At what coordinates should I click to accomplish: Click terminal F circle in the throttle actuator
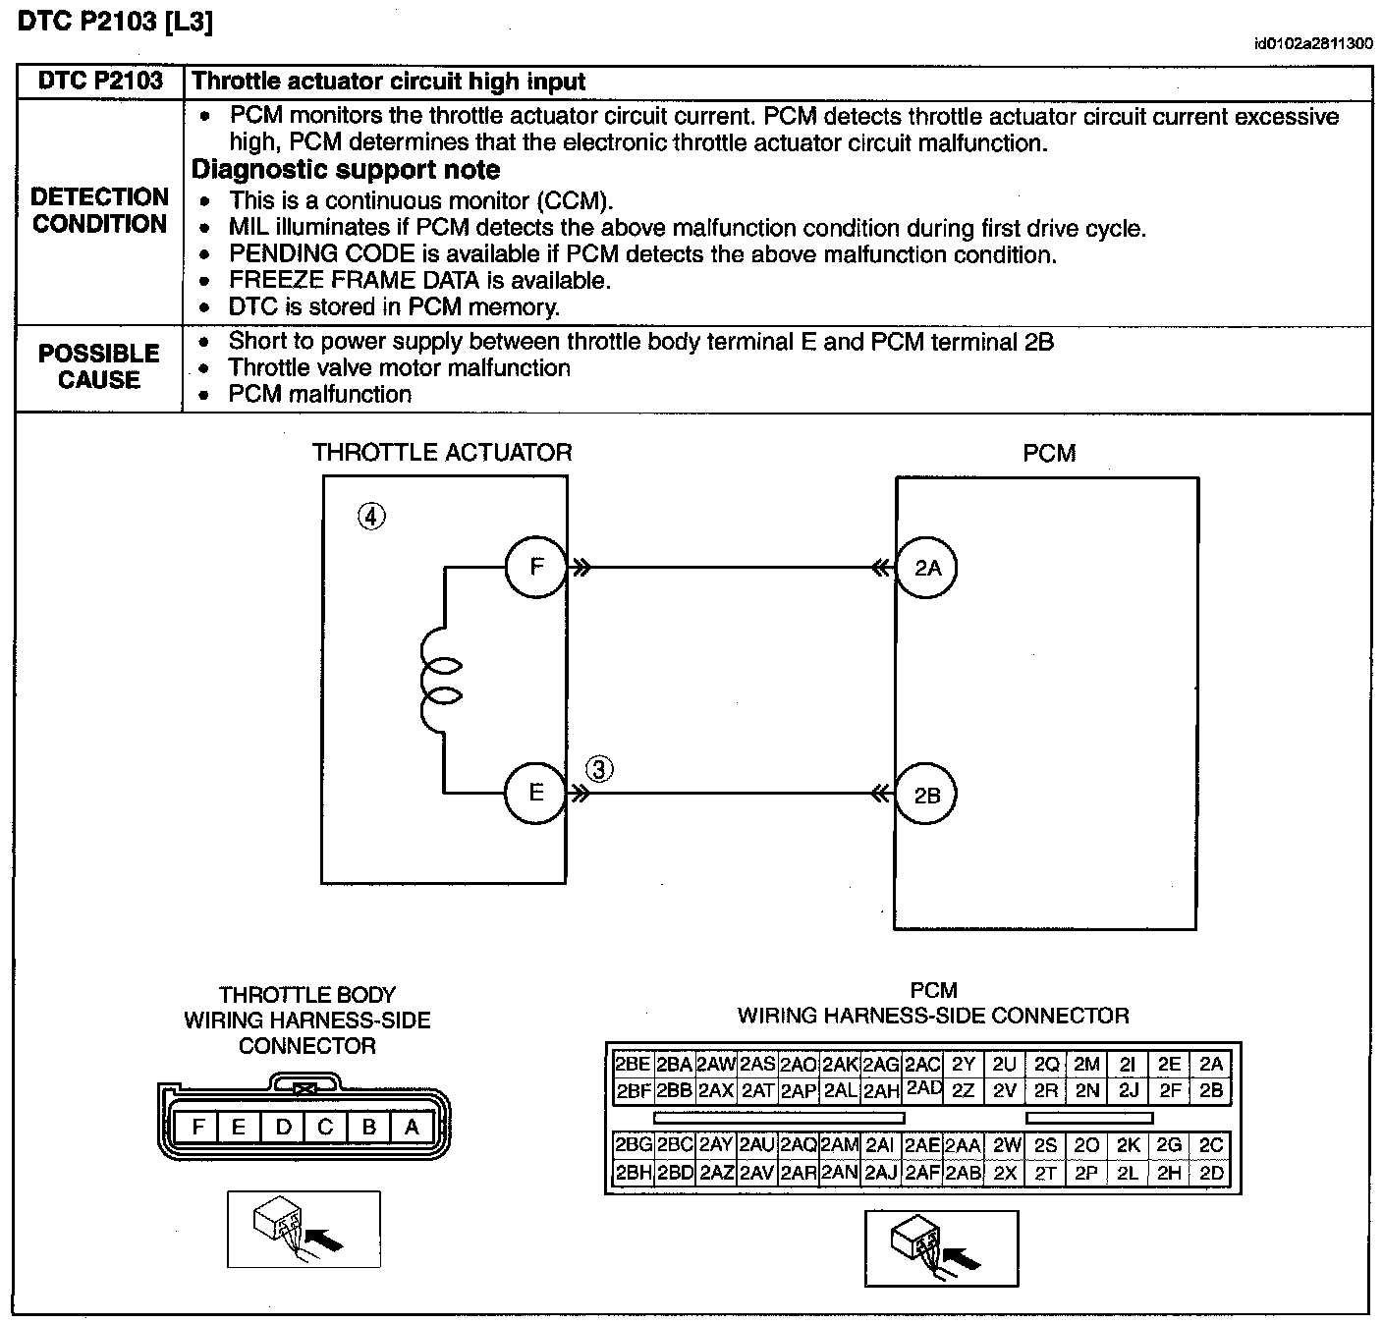coord(535,567)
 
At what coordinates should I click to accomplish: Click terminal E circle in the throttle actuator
coord(535,793)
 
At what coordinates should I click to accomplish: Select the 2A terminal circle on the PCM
coord(927,568)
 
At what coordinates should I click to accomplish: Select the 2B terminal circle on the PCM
coord(927,795)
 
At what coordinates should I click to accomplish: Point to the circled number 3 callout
coord(599,768)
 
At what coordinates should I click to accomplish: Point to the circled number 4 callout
coord(371,516)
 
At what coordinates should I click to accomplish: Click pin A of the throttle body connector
coord(412,1127)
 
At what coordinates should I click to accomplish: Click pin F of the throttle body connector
coord(197,1127)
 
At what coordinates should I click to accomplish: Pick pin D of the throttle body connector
coord(283,1127)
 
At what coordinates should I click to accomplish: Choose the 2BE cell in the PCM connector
coord(632,1064)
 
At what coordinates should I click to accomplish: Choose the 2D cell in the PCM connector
coord(1211,1173)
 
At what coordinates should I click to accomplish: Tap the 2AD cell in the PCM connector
coord(923,1089)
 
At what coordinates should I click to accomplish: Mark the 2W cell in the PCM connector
coord(1006,1145)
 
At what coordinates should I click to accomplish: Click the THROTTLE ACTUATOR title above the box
coord(441,453)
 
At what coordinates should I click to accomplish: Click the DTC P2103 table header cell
coord(100,82)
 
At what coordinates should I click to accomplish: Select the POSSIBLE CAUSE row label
coord(99,366)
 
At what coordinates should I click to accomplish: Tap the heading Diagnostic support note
coord(346,170)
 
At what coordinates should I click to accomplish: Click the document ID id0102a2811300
coord(1313,43)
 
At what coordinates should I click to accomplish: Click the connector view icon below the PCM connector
coord(941,1247)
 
